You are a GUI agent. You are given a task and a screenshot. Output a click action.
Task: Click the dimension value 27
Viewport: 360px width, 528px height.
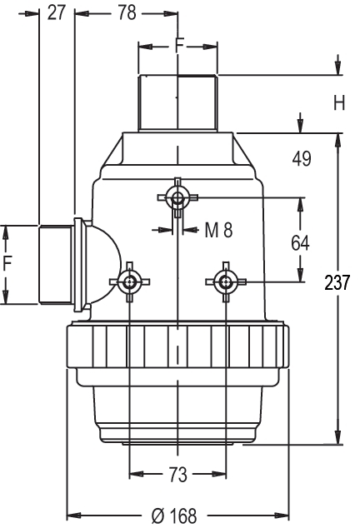point(57,13)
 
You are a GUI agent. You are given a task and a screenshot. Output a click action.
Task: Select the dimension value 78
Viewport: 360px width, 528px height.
point(127,13)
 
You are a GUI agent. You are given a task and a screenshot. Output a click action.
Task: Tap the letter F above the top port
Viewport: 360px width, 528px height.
point(180,44)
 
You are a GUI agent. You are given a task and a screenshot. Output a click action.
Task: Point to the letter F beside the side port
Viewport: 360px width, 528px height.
point(7,263)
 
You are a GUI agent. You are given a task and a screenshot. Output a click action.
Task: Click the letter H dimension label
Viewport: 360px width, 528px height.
point(339,103)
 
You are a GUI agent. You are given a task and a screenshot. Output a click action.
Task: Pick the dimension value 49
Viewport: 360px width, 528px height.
point(302,159)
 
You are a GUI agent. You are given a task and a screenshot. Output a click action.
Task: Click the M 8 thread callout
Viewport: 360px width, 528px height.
point(219,231)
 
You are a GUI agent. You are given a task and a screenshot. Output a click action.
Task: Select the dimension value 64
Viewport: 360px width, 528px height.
point(300,243)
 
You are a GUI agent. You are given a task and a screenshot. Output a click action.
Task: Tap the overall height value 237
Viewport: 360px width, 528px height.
point(337,282)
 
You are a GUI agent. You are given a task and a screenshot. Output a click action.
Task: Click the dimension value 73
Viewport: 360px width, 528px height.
point(177,475)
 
